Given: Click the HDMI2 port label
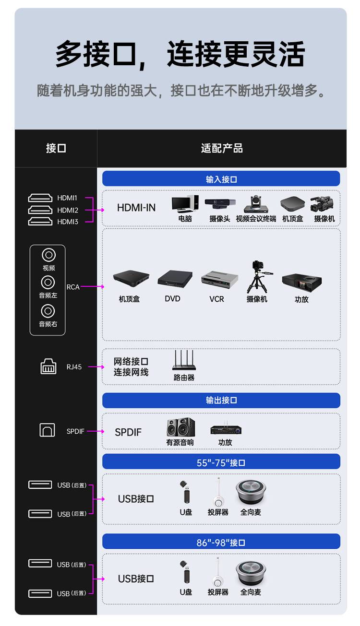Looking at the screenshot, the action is tap(67, 210).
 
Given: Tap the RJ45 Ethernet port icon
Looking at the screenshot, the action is tap(48, 366).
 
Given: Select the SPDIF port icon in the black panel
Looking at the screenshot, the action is tap(47, 430).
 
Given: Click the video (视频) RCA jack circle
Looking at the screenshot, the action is tap(48, 255).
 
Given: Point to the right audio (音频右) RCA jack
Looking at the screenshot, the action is tap(48, 311).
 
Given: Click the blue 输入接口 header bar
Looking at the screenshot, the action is tap(221, 178).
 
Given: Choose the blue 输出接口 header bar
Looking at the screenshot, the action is tap(221, 400).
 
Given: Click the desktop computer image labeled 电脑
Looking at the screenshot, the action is tap(185, 203).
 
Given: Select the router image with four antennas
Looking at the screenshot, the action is tap(184, 360).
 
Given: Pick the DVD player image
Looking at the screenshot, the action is tap(175, 278).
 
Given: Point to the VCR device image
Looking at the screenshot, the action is tap(219, 280).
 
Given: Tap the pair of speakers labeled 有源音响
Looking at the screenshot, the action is tap(180, 427).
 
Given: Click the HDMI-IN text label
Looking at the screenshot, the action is tap(136, 208).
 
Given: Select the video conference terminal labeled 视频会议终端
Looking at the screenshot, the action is tap(256, 204).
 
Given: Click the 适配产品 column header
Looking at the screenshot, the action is tap(222, 148).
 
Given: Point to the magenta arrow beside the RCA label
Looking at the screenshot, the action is tap(92, 286).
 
